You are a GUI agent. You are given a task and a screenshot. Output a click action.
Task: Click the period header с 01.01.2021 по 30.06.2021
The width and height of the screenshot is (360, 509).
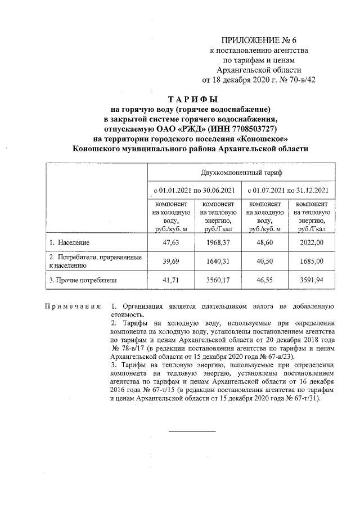(194, 191)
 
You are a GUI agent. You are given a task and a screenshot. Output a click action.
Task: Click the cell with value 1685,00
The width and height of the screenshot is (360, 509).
(312, 260)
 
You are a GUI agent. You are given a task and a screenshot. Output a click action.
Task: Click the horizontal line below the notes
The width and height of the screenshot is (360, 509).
(193, 431)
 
